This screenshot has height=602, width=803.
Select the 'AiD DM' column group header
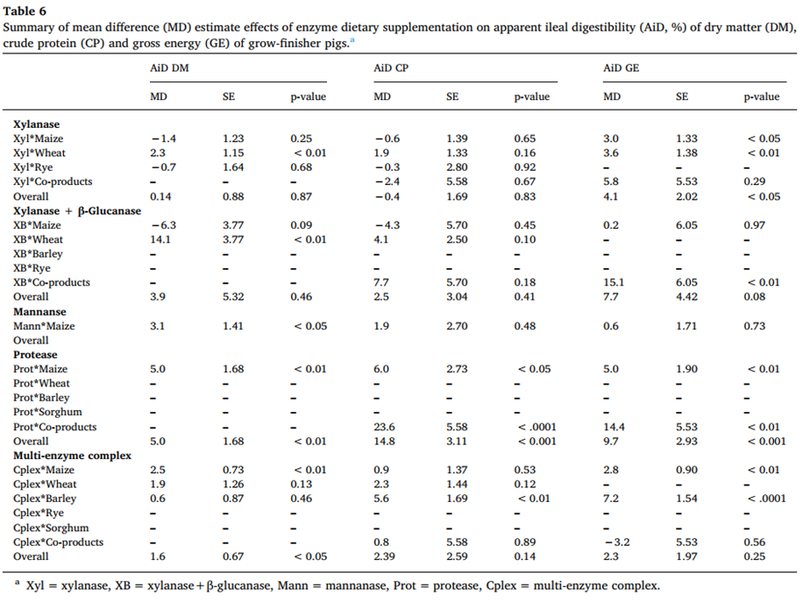(169, 68)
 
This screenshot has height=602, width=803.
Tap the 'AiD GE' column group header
(622, 68)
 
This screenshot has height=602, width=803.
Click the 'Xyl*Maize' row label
(39, 138)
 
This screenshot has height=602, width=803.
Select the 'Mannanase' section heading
(40, 311)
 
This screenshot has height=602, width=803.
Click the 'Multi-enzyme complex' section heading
(72, 456)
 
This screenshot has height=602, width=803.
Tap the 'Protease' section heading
(35, 354)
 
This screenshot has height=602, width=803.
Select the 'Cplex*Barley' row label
(44, 499)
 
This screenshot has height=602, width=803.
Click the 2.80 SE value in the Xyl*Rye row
(457, 167)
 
